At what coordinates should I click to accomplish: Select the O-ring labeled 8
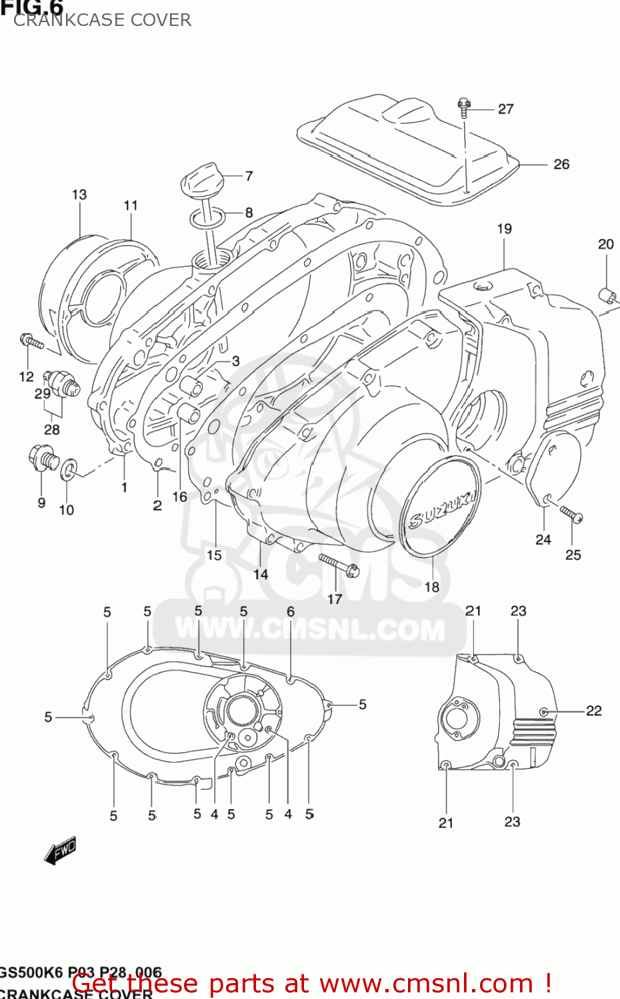pyautogui.click(x=207, y=217)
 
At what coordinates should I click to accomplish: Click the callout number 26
pyautogui.click(x=561, y=164)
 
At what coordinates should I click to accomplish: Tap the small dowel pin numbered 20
pyautogui.click(x=607, y=294)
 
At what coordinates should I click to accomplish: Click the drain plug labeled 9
pyautogui.click(x=42, y=458)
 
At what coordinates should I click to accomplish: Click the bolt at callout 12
pyautogui.click(x=31, y=342)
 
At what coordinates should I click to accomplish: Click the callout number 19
pyautogui.click(x=504, y=228)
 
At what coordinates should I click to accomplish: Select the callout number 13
pyautogui.click(x=79, y=194)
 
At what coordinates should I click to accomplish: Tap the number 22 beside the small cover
pyautogui.click(x=593, y=711)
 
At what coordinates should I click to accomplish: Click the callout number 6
pyautogui.click(x=291, y=611)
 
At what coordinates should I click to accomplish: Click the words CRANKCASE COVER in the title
pyautogui.click(x=102, y=20)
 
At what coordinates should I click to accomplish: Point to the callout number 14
pyautogui.click(x=261, y=574)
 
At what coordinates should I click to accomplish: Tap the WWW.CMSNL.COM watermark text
pyautogui.click(x=310, y=629)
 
